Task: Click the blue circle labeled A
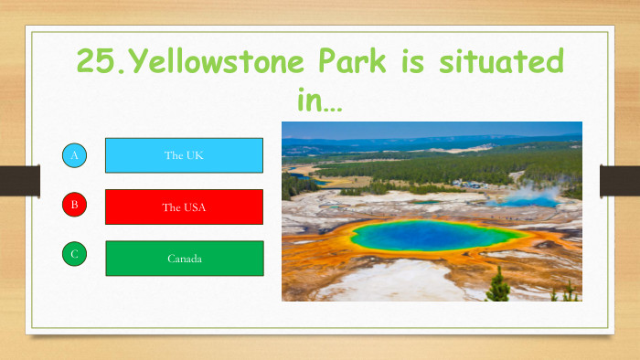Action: tap(75, 156)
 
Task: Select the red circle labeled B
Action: tap(75, 205)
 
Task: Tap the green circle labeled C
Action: tap(75, 254)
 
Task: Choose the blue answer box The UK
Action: tap(184, 155)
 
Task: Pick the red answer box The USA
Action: tap(184, 206)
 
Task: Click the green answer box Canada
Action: tap(184, 259)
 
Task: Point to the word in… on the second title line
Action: tap(319, 99)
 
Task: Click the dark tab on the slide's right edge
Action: tap(619, 180)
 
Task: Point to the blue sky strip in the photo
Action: tap(430, 129)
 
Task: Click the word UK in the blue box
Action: tap(195, 155)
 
